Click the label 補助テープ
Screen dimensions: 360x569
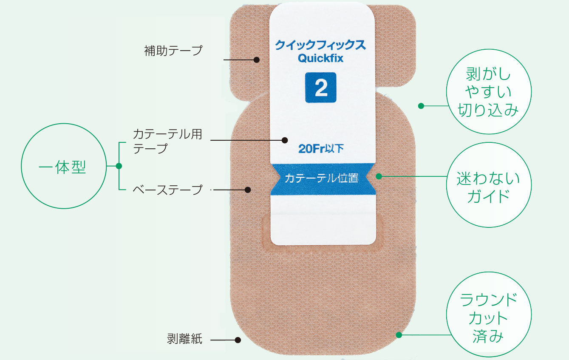coord(173,51)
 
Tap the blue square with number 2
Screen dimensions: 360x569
coord(321,88)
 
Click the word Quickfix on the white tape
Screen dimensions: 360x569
coord(320,58)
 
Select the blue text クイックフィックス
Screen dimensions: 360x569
coord(320,44)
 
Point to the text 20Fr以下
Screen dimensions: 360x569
coord(321,149)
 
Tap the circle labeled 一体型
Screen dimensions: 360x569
coord(62,166)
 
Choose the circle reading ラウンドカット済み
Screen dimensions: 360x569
coord(489,318)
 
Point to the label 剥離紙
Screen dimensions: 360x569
coord(185,339)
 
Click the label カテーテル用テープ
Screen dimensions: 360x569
coord(167,141)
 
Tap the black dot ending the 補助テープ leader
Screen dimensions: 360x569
coord(257,60)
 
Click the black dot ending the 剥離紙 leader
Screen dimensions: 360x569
coord(238,340)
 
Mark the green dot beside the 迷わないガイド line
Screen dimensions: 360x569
coord(379,176)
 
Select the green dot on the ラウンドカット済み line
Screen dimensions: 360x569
coord(399,335)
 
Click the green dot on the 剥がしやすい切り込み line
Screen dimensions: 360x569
coord(421,106)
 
